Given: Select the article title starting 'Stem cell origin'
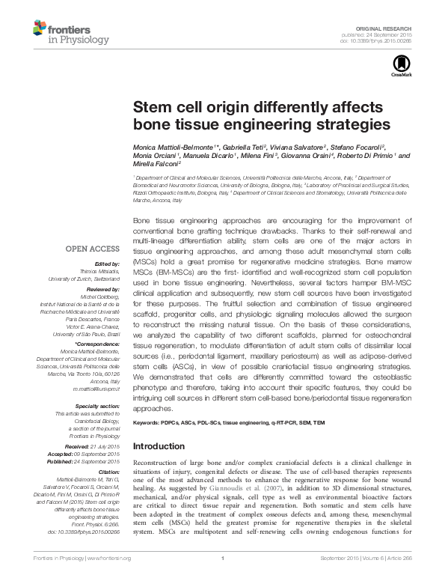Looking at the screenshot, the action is (261, 114).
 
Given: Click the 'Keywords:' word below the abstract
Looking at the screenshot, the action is (149, 424).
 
